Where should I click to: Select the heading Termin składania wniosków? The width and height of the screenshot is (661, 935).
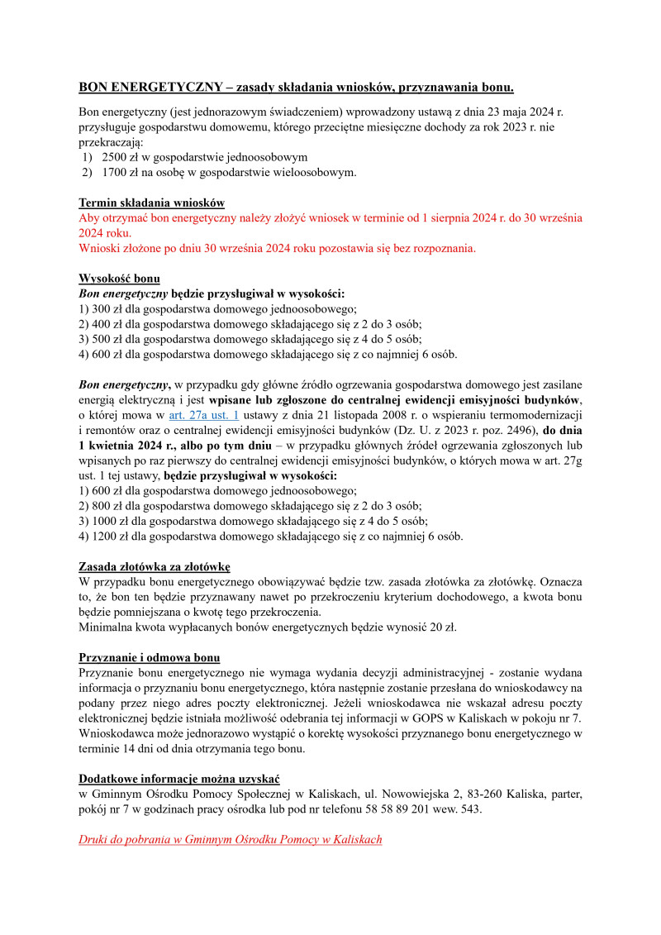coord(151,203)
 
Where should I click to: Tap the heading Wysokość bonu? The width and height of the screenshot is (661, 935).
coord(120,279)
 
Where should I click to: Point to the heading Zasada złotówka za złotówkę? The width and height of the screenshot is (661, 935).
coord(154,566)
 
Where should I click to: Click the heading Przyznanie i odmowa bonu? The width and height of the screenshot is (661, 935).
coord(149,657)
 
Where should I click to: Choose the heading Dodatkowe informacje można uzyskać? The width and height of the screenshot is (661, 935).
coord(179,779)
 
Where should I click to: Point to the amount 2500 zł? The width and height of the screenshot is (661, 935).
coord(121,157)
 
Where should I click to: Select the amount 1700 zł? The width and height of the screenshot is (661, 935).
coord(121,172)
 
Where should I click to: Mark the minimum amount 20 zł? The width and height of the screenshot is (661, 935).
coord(436,627)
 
